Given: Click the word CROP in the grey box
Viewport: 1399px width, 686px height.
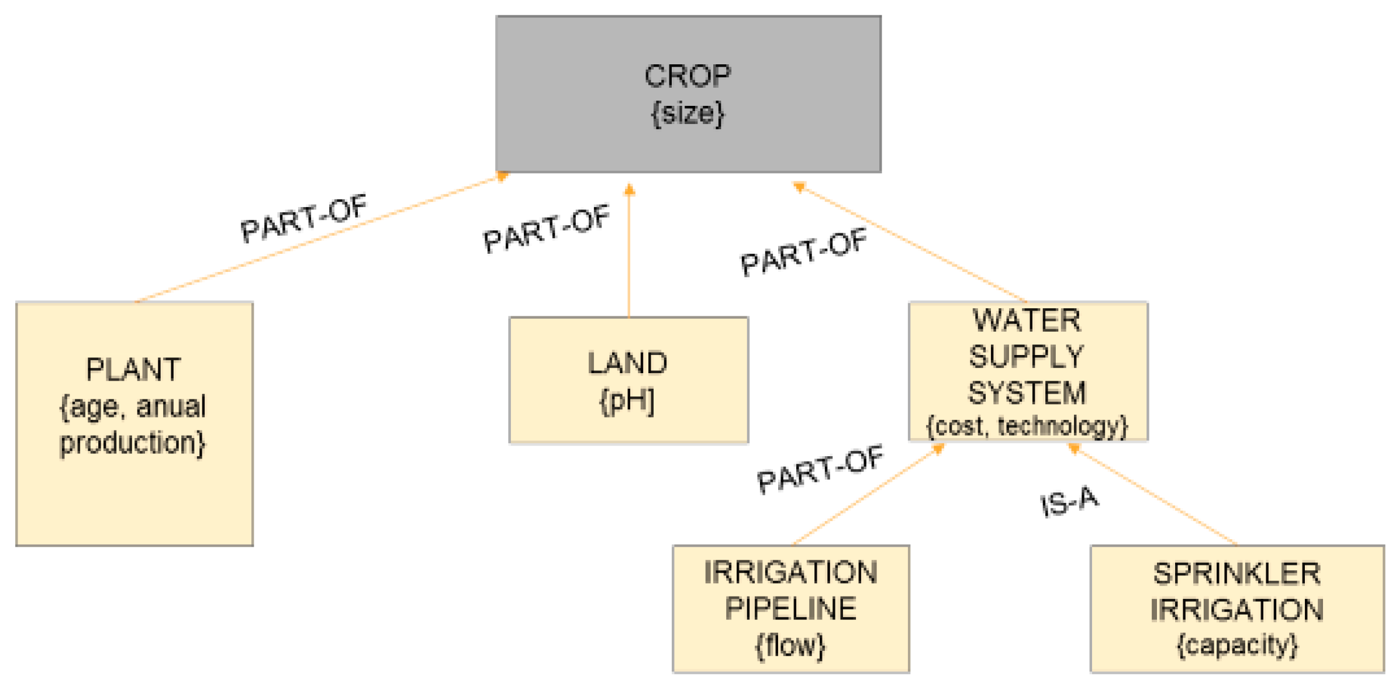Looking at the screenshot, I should click(x=688, y=76).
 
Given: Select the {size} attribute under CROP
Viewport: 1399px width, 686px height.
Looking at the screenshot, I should click(x=688, y=113).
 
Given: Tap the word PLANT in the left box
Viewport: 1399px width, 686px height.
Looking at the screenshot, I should click(x=133, y=370).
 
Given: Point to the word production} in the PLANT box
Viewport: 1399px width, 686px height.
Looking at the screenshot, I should click(x=133, y=443).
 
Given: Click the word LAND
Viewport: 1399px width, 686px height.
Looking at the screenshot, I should click(x=627, y=363).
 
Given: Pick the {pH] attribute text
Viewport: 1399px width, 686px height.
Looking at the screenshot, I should click(x=627, y=401).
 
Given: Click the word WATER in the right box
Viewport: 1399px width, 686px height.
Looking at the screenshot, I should click(x=1027, y=320).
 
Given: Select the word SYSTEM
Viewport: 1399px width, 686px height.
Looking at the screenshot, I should click(x=1027, y=393).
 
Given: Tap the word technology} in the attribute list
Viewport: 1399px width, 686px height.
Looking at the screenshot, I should click(x=1062, y=426).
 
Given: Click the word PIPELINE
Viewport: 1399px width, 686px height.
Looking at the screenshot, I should click(x=790, y=609).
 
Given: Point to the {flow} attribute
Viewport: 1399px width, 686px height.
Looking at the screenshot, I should click(x=790, y=646).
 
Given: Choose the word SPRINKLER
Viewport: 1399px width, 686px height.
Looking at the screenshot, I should click(x=1236, y=574).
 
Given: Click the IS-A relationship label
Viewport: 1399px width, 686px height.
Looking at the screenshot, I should click(x=1069, y=502).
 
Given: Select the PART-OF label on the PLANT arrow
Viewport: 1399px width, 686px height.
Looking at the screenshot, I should click(x=303, y=218).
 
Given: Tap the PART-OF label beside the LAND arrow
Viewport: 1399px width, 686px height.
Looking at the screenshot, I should click(x=547, y=229).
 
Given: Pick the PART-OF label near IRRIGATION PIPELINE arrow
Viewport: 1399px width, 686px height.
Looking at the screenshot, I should click(x=820, y=469).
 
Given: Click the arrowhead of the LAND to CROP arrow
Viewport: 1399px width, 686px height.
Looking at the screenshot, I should click(x=629, y=189).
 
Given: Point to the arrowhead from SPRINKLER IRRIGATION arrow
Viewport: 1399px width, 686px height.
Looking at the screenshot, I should click(x=1074, y=449).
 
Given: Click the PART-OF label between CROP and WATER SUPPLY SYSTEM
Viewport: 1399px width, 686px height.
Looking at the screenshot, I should click(x=803, y=252).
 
